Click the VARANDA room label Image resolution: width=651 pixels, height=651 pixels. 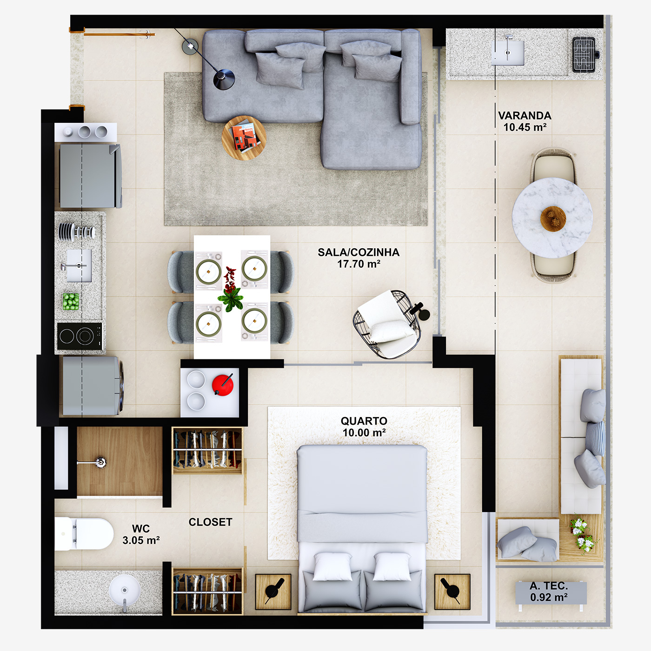pyautogui.click(x=525, y=121)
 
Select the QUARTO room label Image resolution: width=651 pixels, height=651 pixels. pyautogui.click(x=364, y=426)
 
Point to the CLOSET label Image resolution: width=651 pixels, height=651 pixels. pyautogui.click(x=210, y=522)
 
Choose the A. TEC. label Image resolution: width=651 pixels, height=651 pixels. pyautogui.click(x=549, y=591)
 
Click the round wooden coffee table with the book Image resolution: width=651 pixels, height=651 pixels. pyautogui.click(x=244, y=138)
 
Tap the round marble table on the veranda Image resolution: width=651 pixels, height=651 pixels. pyautogui.click(x=552, y=218)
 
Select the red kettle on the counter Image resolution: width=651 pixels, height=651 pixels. pyautogui.click(x=222, y=385)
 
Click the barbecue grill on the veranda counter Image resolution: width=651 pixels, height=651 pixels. pyautogui.click(x=584, y=54)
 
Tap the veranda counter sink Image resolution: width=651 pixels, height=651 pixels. pyautogui.click(x=508, y=52)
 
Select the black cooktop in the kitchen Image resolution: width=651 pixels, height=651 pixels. pyautogui.click(x=80, y=336)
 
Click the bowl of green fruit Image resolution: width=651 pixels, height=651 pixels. pyautogui.click(x=71, y=301)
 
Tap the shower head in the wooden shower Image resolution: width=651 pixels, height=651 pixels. pyautogui.click(x=100, y=462)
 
